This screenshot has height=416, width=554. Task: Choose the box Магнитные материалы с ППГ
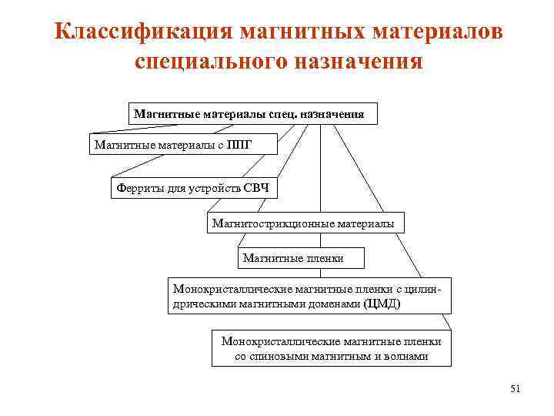point(173,145)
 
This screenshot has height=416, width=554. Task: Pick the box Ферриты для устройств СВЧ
point(192,186)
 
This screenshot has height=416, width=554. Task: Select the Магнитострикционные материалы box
point(303,223)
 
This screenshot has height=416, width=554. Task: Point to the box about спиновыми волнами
point(331,348)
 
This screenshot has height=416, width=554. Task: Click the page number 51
point(515,389)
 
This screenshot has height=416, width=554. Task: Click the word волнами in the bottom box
point(405,357)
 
